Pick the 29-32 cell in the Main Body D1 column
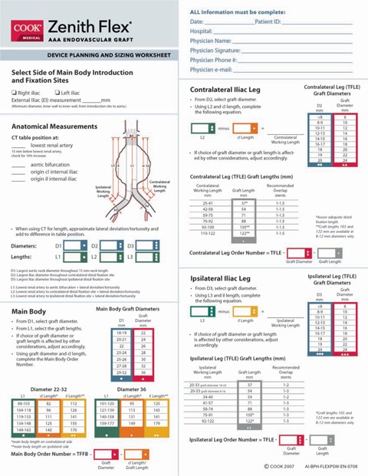pyautogui.click(x=121, y=371)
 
